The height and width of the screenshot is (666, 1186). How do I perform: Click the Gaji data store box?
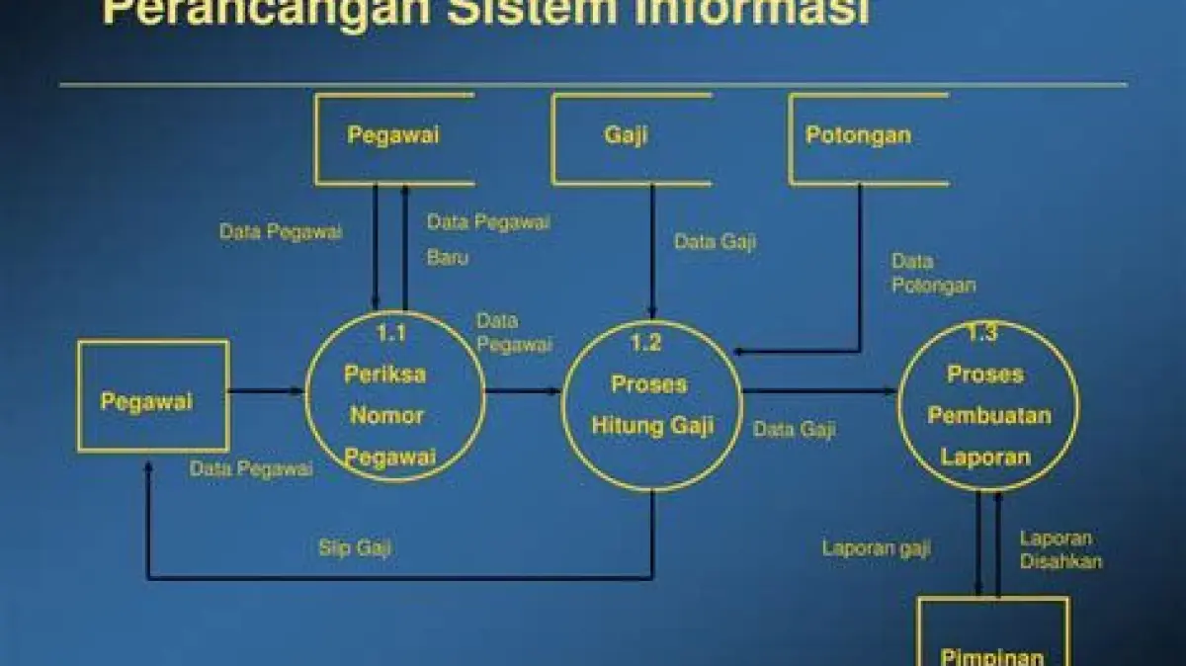pos(631,139)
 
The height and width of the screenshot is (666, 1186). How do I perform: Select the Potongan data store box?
pos(868,139)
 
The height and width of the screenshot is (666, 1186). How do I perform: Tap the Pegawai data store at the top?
pos(393,139)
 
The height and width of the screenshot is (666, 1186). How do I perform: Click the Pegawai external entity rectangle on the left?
pos(153,396)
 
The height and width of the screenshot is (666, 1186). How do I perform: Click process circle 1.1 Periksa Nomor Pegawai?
pos(394,396)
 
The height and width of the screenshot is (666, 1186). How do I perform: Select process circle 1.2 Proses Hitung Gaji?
pos(651,405)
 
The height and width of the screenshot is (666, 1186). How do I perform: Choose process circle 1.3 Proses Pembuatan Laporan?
pos(987,405)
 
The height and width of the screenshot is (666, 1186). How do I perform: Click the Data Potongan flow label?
pos(933,274)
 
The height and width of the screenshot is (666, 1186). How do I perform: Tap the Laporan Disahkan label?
pos(1060,550)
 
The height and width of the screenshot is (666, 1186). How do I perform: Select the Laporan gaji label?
pos(876,548)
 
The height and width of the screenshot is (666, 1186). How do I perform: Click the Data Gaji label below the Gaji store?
pos(715,242)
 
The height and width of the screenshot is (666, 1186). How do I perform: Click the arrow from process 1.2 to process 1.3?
pos(820,391)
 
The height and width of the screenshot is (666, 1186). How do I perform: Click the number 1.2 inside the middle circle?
pos(645,343)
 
